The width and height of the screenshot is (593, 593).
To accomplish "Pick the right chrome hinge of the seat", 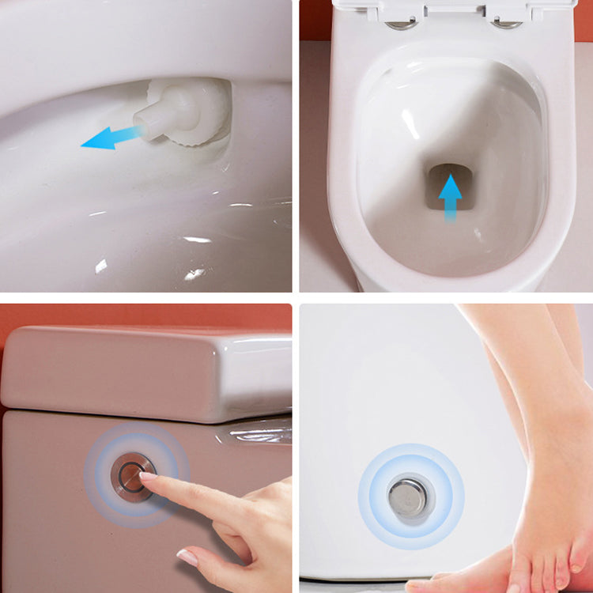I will click(x=506, y=23).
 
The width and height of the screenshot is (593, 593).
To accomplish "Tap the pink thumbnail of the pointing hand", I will click(x=187, y=557).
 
